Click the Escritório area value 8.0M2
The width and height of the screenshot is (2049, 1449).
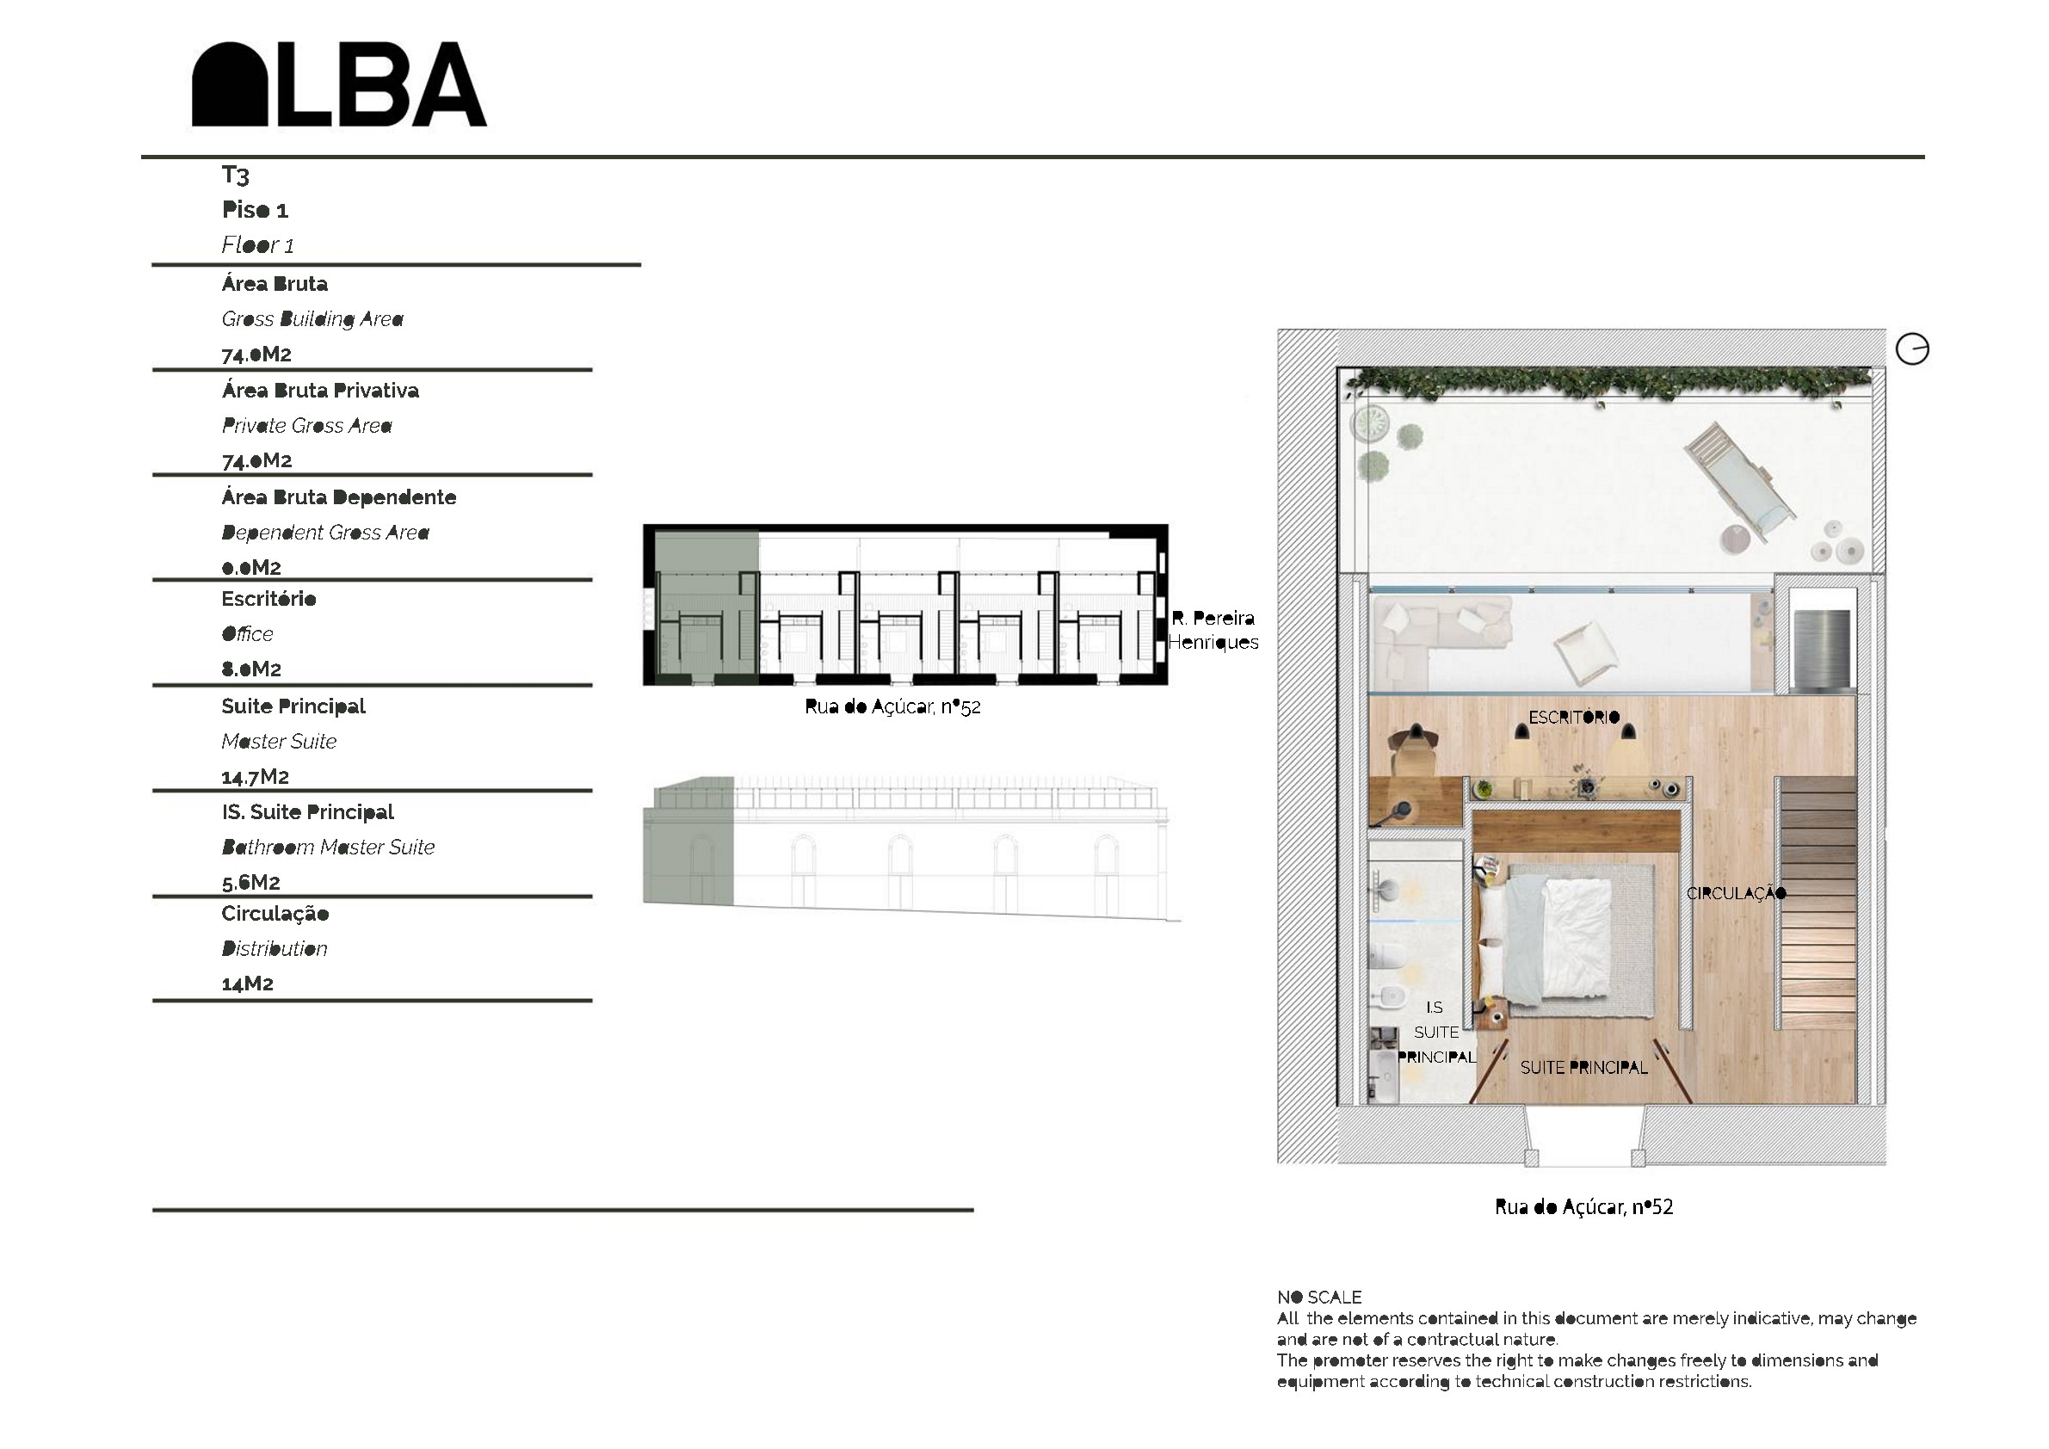[x=250, y=669]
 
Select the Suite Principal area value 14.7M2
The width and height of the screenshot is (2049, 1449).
[x=256, y=776]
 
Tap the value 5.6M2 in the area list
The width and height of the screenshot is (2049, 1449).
[x=250, y=883]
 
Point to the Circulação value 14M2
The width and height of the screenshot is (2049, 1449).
[x=247, y=983]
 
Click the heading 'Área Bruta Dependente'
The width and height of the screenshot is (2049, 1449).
[x=339, y=497]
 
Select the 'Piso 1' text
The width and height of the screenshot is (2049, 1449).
[x=256, y=211]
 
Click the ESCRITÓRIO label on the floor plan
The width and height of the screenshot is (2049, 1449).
[x=1573, y=718]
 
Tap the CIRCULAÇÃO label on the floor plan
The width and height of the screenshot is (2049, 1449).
[x=1736, y=893]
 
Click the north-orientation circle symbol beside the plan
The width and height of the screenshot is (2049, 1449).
[x=1911, y=348]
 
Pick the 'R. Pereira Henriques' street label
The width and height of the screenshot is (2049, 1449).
[x=1213, y=630]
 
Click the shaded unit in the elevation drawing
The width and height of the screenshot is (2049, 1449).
[x=688, y=841]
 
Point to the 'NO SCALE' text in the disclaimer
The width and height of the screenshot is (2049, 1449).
[x=1319, y=1298]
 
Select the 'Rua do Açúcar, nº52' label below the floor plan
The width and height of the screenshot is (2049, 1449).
[x=1584, y=1207]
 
